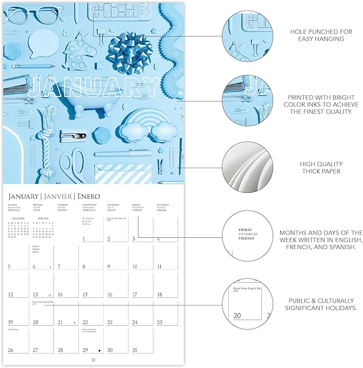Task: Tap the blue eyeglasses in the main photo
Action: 25,14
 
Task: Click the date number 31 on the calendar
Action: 135,350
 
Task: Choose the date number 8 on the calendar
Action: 84,266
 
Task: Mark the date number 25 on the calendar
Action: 160,322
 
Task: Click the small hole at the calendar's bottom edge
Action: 94,360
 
